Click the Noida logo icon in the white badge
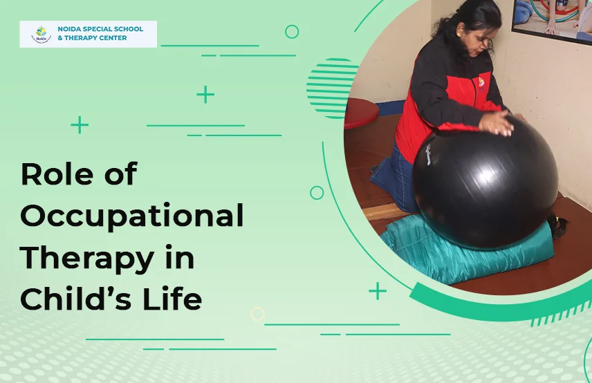pos(42,34)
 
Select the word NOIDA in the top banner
pos(70,30)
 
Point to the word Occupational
pos(132,217)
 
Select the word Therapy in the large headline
pos(86,258)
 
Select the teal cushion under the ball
pos(463,252)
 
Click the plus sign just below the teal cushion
pos(378,291)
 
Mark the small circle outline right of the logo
pos(292,32)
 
